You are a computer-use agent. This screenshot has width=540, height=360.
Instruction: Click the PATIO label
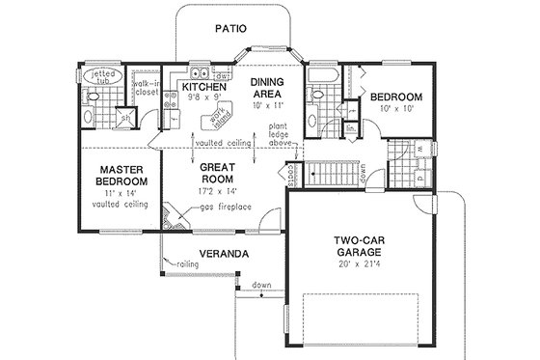click(x=230, y=29)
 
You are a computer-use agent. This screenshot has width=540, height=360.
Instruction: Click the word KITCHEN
click(x=202, y=88)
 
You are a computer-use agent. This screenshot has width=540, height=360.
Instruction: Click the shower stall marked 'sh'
click(x=126, y=119)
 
